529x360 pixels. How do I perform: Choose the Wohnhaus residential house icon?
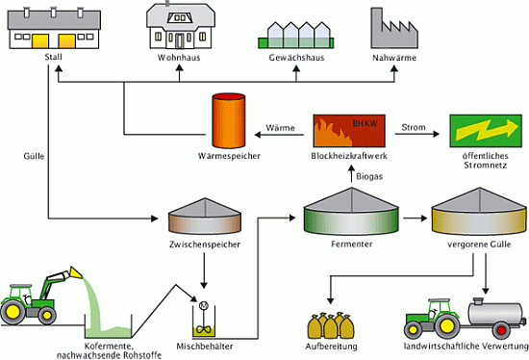pyautogui.click(x=175, y=30)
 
